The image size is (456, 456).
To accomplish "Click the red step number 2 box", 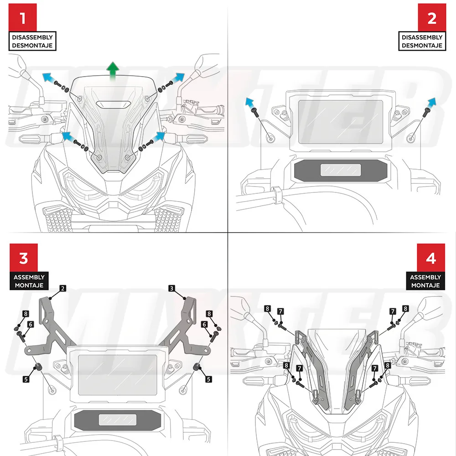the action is [x=431, y=18].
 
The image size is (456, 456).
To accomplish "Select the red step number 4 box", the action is [x=431, y=258].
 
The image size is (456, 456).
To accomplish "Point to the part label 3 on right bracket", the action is [x=171, y=288].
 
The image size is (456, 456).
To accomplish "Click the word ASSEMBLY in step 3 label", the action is [x=29, y=277].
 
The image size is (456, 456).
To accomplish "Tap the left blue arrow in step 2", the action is [x=249, y=102].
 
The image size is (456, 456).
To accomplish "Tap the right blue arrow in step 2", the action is [x=431, y=102].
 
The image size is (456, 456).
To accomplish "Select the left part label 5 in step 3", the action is [x=26, y=378].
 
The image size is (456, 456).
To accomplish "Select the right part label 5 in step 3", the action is [x=208, y=378].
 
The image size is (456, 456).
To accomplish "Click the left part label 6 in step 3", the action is [x=30, y=324].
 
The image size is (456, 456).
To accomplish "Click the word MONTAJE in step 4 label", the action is [x=425, y=285].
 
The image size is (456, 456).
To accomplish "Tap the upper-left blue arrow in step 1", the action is [x=47, y=77].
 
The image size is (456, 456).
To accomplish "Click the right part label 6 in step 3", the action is [x=204, y=324].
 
